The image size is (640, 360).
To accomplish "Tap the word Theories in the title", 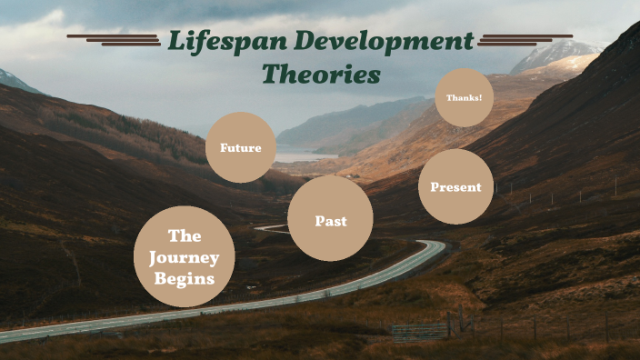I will tap(321, 74).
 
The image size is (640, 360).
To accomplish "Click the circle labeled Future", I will tap(240, 147).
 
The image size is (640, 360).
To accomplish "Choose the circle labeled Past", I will tap(330, 219).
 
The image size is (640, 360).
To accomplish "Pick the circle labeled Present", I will tap(455, 186).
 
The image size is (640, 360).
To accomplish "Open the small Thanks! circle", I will tap(464, 97).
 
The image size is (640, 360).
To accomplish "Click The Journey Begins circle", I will tap(184, 256).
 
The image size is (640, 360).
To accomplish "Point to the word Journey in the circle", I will tap(184, 257).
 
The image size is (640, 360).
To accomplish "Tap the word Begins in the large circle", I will tap(184, 278).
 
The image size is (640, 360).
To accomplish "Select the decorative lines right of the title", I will tap(525, 39).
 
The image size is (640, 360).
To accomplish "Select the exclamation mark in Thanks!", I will tap(479, 97).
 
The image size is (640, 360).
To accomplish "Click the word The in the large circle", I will tap(184, 236).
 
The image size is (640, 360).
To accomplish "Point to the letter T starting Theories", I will tap(270, 73).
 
